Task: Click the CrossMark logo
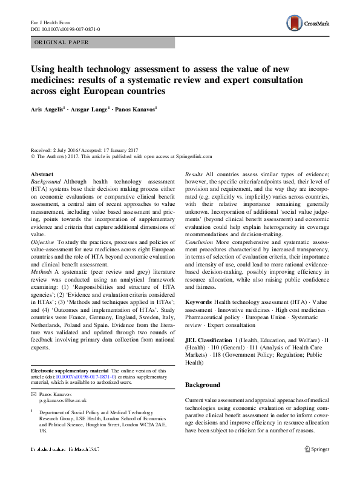308,24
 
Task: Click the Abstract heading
42,174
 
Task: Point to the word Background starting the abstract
45,182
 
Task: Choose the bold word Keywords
198,302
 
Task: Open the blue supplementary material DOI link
85,376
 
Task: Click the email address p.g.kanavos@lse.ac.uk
64,401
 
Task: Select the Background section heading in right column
202,385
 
